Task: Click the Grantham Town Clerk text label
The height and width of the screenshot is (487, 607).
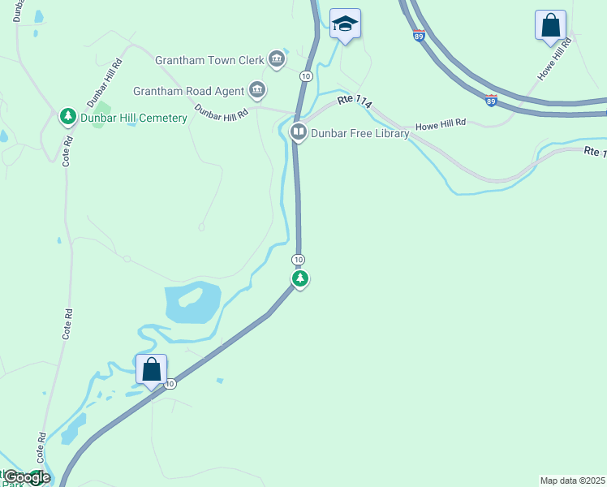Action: click(209, 59)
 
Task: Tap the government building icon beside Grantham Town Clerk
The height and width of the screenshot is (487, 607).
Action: click(277, 58)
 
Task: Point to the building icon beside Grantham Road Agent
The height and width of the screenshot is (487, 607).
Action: click(257, 88)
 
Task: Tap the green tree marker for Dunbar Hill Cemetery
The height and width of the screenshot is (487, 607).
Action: click(68, 117)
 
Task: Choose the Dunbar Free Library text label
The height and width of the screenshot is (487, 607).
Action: click(359, 133)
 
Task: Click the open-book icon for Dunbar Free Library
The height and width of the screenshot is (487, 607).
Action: click(299, 131)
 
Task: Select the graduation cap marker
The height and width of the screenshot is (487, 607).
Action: click(345, 24)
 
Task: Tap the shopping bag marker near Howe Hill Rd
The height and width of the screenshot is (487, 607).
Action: click(550, 24)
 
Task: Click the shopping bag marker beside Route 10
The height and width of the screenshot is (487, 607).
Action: click(152, 369)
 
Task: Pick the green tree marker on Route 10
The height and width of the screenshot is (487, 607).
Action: click(300, 279)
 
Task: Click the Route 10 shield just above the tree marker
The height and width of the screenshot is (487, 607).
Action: click(299, 259)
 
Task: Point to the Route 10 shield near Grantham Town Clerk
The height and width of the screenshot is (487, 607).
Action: click(305, 75)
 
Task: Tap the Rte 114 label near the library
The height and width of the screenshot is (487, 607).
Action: click(355, 100)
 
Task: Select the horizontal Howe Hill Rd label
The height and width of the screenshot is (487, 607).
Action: click(441, 124)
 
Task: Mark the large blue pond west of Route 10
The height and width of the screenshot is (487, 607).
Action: click(192, 304)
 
